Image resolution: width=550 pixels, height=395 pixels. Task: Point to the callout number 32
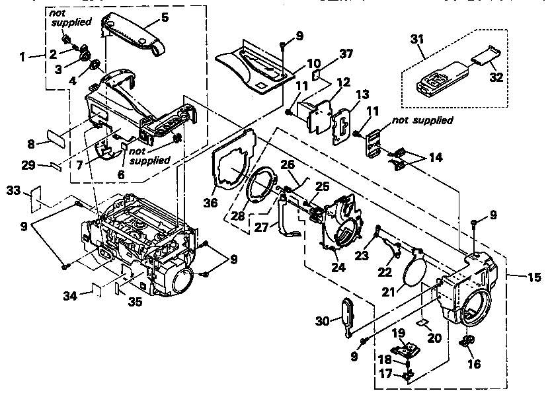tap(496, 77)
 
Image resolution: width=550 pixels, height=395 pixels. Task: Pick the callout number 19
tap(399, 333)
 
